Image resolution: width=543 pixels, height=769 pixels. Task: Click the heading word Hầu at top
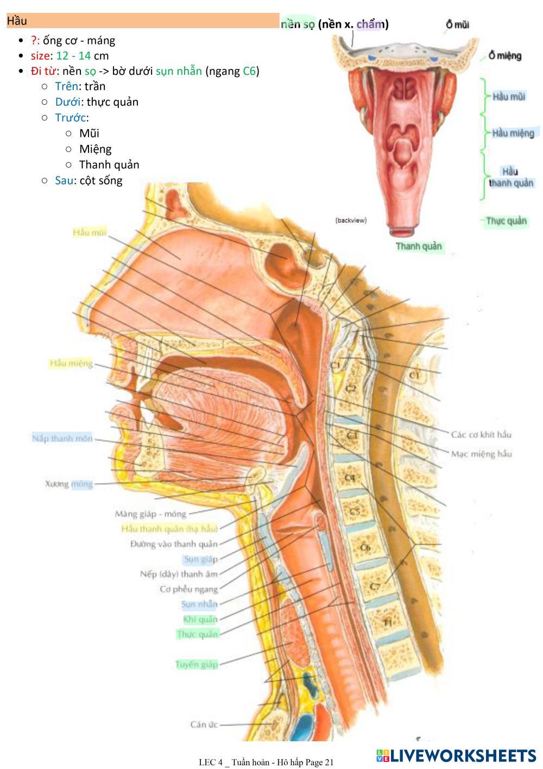[17, 21]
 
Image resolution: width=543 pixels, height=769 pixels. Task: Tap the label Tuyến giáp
[197, 664]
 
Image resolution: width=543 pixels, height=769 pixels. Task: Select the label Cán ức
[204, 724]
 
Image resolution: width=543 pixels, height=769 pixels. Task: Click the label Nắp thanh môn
[62, 438]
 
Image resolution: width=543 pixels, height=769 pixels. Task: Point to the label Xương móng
[69, 484]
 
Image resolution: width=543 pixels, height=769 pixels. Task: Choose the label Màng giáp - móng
[150, 513]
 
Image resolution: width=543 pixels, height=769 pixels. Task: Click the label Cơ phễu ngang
[188, 589]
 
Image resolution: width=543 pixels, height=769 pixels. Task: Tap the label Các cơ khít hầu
[481, 435]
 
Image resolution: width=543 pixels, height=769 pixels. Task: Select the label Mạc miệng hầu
[481, 454]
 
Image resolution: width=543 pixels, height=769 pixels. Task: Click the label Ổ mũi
[457, 24]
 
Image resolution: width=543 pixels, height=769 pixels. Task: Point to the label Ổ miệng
[504, 55]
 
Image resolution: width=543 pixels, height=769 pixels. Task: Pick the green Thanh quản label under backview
[419, 246]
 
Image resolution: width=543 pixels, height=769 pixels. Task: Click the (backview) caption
[351, 220]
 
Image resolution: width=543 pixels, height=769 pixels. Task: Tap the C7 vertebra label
[375, 587]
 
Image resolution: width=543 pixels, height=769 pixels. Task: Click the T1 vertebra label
[387, 623]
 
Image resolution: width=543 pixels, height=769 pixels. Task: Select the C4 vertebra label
[350, 478]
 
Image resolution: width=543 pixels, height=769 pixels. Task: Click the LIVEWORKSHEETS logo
[456, 756]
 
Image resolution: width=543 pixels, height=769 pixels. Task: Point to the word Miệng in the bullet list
[95, 149]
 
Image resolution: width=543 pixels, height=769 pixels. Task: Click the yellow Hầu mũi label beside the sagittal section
[90, 233]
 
